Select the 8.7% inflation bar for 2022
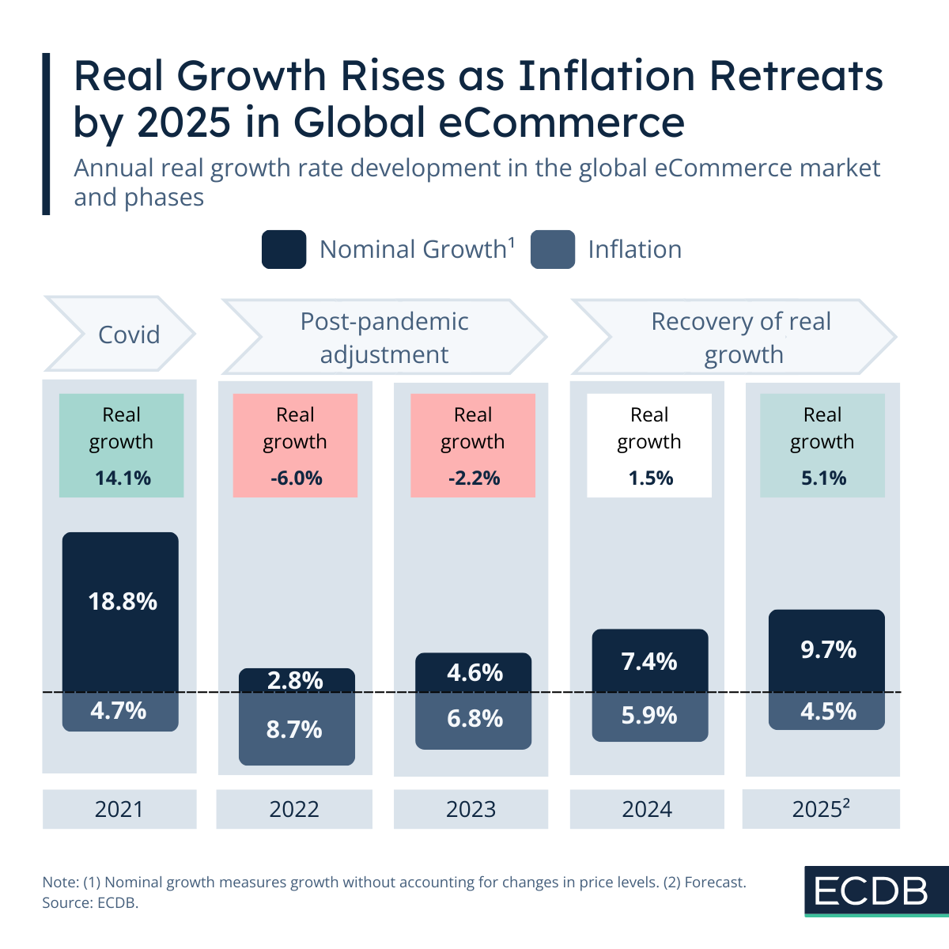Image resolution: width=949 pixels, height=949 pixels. (x=297, y=729)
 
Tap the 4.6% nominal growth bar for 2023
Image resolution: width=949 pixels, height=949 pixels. (x=473, y=672)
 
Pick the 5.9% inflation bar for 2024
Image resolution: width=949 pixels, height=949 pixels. (x=649, y=716)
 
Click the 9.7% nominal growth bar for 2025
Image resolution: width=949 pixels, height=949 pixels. (x=826, y=650)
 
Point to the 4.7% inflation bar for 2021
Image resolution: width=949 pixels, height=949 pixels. (x=120, y=711)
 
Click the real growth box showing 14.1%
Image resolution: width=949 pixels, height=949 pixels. (x=121, y=445)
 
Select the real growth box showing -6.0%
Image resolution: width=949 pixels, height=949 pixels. (x=295, y=445)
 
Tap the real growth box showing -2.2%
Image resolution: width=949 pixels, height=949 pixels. (x=473, y=445)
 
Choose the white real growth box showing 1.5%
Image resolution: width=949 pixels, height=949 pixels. (x=649, y=445)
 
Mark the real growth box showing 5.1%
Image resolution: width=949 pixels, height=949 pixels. (x=822, y=445)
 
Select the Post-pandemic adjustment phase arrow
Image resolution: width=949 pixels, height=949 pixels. (x=384, y=337)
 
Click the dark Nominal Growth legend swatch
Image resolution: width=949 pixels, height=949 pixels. (x=284, y=250)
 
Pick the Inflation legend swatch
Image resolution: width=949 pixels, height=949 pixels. (x=552, y=250)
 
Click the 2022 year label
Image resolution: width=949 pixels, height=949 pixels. (x=294, y=809)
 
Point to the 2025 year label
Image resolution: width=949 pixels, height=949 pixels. (x=821, y=809)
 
